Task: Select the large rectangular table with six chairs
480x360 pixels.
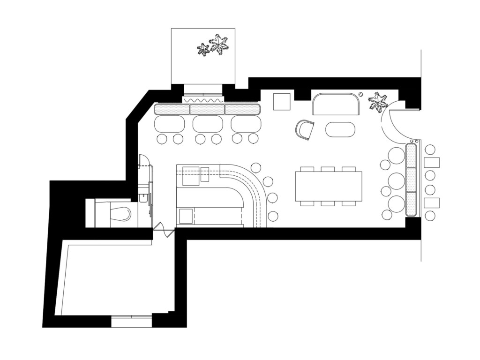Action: coord(328,186)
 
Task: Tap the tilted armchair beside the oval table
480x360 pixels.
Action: coord(305,129)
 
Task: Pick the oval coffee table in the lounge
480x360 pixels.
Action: coord(340,129)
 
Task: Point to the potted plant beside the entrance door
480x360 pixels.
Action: coord(378,103)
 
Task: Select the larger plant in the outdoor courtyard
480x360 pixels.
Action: coord(218,45)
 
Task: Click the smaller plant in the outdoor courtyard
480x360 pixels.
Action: coord(203,49)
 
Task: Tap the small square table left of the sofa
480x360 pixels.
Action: coord(282,102)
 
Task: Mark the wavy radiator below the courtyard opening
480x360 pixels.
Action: coord(203,100)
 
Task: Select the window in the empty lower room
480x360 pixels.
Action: coord(132,321)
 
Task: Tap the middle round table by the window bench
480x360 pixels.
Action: coord(397,180)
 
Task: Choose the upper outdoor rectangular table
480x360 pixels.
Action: coord(432,163)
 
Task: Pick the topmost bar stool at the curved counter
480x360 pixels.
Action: coord(256,167)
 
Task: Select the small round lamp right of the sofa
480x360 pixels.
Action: coord(361,94)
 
